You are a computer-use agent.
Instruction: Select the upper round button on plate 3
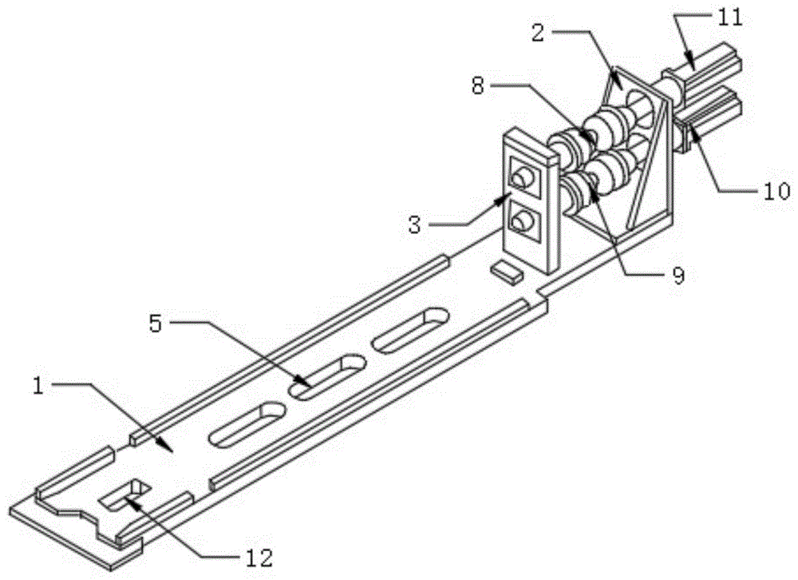(523, 177)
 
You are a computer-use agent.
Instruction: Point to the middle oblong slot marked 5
(327, 375)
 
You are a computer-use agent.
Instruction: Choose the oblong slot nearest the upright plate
(410, 329)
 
